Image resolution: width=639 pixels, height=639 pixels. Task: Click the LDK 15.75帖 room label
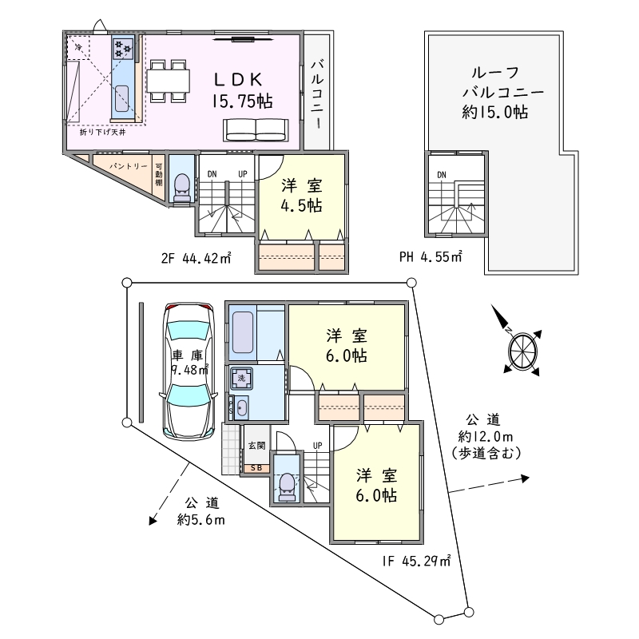(242, 91)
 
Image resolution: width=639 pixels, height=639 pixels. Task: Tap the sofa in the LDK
(256, 130)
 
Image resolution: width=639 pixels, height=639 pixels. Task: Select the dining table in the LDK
(169, 81)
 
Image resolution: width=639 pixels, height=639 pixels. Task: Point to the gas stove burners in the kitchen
(123, 49)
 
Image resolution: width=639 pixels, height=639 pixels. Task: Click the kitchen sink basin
(122, 98)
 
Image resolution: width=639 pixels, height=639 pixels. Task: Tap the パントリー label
(129, 166)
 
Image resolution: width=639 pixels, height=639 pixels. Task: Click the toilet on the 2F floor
(181, 188)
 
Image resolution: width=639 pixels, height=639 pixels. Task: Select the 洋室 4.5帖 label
(302, 196)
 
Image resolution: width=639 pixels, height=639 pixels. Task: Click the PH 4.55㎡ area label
(431, 256)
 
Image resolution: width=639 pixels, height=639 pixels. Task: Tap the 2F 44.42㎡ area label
(196, 258)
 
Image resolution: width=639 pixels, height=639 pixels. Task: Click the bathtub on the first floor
(242, 332)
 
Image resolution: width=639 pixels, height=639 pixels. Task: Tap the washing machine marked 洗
(242, 378)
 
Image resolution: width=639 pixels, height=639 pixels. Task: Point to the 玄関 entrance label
(256, 446)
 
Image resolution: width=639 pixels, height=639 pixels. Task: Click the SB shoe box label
(256, 468)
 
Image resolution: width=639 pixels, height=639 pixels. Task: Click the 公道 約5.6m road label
(201, 511)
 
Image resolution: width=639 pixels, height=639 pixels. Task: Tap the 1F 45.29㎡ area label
(416, 562)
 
